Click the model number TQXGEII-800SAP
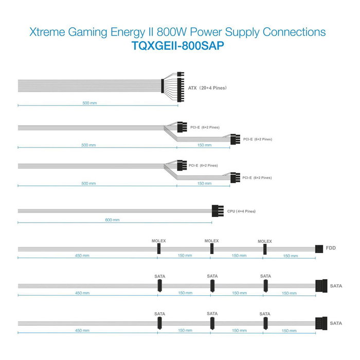(x=179, y=45)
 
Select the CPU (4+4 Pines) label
(x=241, y=211)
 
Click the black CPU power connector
(x=218, y=211)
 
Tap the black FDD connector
(x=318, y=249)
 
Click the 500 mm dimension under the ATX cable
(x=89, y=103)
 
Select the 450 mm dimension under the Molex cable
(x=82, y=256)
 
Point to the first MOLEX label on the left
(x=159, y=241)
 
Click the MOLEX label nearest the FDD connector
(x=264, y=241)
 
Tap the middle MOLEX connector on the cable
(x=211, y=249)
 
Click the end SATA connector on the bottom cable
(x=321, y=323)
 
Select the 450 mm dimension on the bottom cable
(x=82, y=331)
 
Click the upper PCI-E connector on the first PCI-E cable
(x=180, y=127)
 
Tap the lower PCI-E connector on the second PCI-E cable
(x=235, y=177)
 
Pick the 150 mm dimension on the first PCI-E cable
(x=204, y=145)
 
